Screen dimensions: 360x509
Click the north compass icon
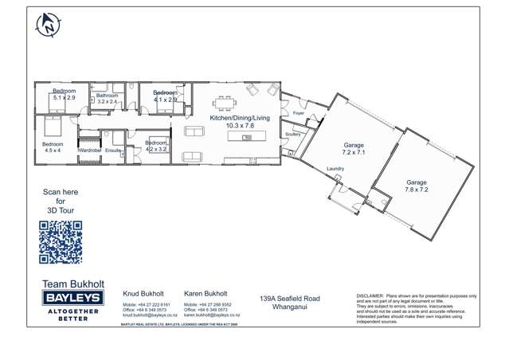48,25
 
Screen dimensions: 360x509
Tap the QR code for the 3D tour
61,242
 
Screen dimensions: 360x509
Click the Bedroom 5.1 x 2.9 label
64,95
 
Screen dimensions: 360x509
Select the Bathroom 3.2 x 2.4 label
107,99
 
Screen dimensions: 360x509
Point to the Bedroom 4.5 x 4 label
53,147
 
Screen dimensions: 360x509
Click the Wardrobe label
89,150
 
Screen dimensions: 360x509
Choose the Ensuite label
113,150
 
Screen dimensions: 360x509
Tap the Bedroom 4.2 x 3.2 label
156,146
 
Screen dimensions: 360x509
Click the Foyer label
299,114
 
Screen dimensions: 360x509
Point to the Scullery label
293,135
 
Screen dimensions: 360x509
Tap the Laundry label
335,170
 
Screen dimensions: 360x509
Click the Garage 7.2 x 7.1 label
354,148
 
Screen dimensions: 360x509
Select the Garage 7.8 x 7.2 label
417,186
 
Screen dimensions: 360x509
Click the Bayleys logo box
70,297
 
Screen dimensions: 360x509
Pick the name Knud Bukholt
143,293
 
